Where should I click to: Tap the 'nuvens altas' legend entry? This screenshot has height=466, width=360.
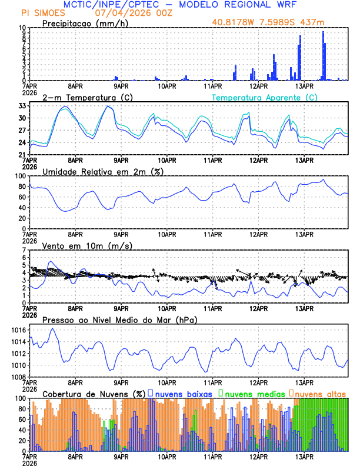(321, 393)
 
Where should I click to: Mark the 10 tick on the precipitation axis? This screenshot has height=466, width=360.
(22, 28)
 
